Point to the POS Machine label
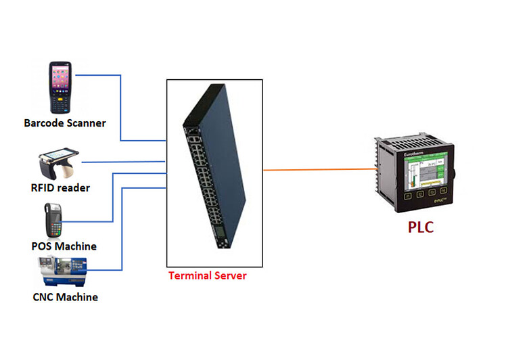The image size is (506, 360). click(64, 246)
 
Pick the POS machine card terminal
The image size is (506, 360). click(53, 219)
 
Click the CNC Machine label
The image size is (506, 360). click(65, 297)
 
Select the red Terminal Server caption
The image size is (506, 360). click(208, 275)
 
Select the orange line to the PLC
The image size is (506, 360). click(318, 169)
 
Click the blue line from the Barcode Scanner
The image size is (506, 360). click(120, 108)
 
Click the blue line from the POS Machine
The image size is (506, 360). click(112, 196)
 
